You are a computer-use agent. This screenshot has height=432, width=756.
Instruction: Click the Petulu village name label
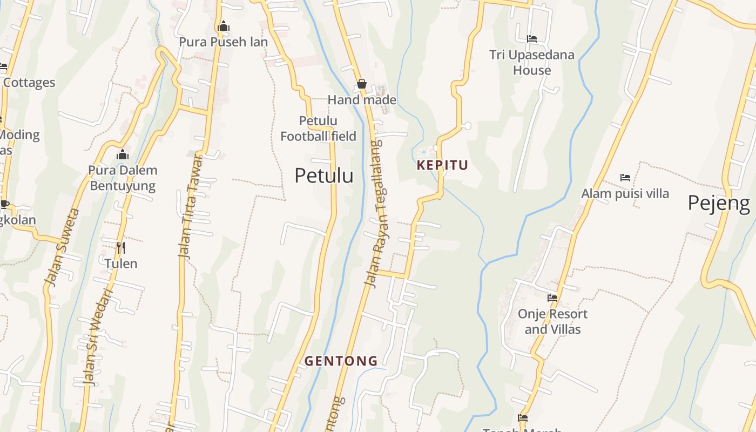point(324,175)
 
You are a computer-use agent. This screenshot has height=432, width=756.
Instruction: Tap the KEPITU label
point(442,165)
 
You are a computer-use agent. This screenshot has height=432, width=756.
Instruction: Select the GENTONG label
point(341,361)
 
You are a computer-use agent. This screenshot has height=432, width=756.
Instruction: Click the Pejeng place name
point(718,203)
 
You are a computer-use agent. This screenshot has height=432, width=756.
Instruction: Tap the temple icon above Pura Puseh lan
point(223,26)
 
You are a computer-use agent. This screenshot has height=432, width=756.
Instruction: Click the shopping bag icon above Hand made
point(362,84)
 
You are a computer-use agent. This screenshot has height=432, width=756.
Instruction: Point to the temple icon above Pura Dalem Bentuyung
point(123,155)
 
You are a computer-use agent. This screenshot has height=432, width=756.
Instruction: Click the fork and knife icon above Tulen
point(121,248)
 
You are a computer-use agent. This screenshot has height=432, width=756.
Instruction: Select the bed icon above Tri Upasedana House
point(532,39)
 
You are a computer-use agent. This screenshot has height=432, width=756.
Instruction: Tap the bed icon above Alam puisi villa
point(625,177)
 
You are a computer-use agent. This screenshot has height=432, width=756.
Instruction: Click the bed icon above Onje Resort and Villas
point(552,298)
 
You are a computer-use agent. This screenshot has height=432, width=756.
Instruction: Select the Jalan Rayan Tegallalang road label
point(374,213)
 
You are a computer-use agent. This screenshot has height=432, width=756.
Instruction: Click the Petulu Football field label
point(319,129)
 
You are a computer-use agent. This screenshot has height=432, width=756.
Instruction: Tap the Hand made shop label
point(362,100)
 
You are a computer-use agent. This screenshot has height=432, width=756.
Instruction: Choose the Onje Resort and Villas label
point(552,321)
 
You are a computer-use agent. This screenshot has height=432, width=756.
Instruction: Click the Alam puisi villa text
point(625,193)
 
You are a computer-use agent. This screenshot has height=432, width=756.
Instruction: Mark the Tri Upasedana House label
point(532,63)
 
